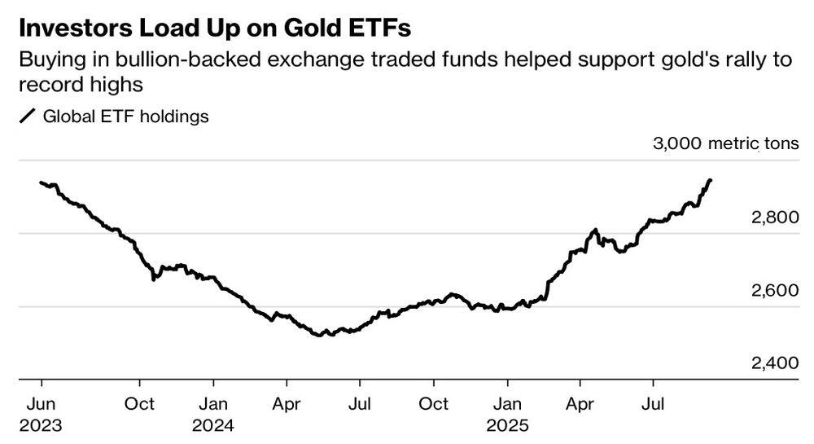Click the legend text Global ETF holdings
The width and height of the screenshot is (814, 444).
pyautogui.click(x=125, y=116)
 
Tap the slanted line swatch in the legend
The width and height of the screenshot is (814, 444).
pyautogui.click(x=27, y=116)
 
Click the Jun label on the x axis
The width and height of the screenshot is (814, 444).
pyautogui.click(x=42, y=403)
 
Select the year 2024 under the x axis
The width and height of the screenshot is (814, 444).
pyautogui.click(x=213, y=425)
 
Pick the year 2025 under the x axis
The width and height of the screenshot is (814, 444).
pyautogui.click(x=507, y=425)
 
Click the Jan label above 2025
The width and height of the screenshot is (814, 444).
pyautogui.click(x=507, y=403)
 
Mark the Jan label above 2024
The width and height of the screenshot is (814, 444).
pyautogui.click(x=213, y=403)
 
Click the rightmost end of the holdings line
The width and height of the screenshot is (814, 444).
pyautogui.click(x=711, y=180)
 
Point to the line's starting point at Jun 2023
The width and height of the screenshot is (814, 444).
pyautogui.click(x=41, y=182)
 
